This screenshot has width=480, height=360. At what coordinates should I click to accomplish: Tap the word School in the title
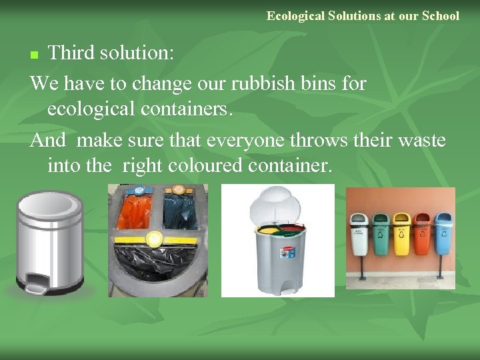(x=441, y=15)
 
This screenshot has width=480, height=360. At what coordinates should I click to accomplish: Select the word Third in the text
(x=71, y=52)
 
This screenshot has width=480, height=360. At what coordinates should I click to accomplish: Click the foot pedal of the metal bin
(x=35, y=288)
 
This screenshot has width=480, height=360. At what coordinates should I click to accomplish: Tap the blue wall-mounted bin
(x=443, y=233)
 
